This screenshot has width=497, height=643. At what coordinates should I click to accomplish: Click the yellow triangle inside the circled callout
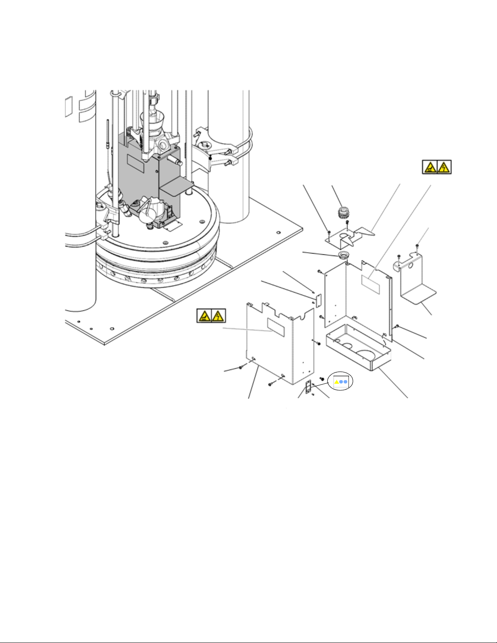(336, 382)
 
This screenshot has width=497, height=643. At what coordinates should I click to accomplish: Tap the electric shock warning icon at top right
(444, 167)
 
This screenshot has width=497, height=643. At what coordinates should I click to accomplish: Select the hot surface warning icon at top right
(430, 167)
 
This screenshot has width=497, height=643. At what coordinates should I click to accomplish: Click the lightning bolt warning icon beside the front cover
(218, 316)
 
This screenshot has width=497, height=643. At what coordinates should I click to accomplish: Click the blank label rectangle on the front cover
(275, 327)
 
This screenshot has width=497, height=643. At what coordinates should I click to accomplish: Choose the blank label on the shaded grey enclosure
(136, 161)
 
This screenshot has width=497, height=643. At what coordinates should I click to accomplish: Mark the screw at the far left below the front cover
(241, 367)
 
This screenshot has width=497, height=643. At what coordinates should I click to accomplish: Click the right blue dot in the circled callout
(345, 382)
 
